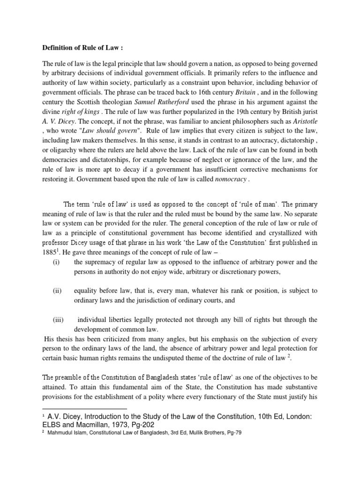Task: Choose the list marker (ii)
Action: pyautogui.click(x=57, y=291)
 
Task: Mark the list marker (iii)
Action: pyautogui.click(x=58, y=320)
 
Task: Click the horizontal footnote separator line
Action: pyautogui.click(x=84, y=409)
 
